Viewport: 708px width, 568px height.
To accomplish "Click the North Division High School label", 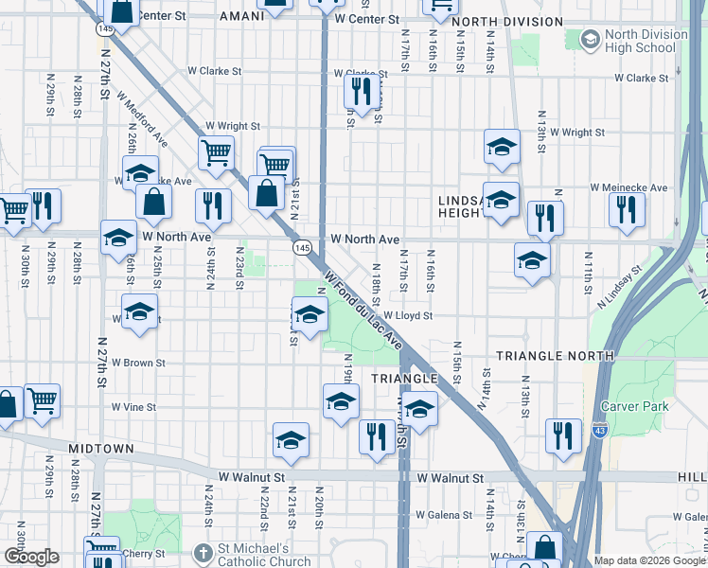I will pos(648,41).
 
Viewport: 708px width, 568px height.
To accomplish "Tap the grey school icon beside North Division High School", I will pos(591,39).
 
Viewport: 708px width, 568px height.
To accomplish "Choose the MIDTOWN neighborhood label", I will pos(100,447).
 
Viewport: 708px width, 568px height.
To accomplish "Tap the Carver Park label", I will pos(634,406).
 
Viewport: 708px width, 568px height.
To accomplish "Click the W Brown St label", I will pos(138,362).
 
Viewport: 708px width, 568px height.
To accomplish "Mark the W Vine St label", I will pos(133,406).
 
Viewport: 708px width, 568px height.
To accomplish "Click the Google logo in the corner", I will pos(31,557).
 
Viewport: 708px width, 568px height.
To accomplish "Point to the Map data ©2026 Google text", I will pos(650,560).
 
